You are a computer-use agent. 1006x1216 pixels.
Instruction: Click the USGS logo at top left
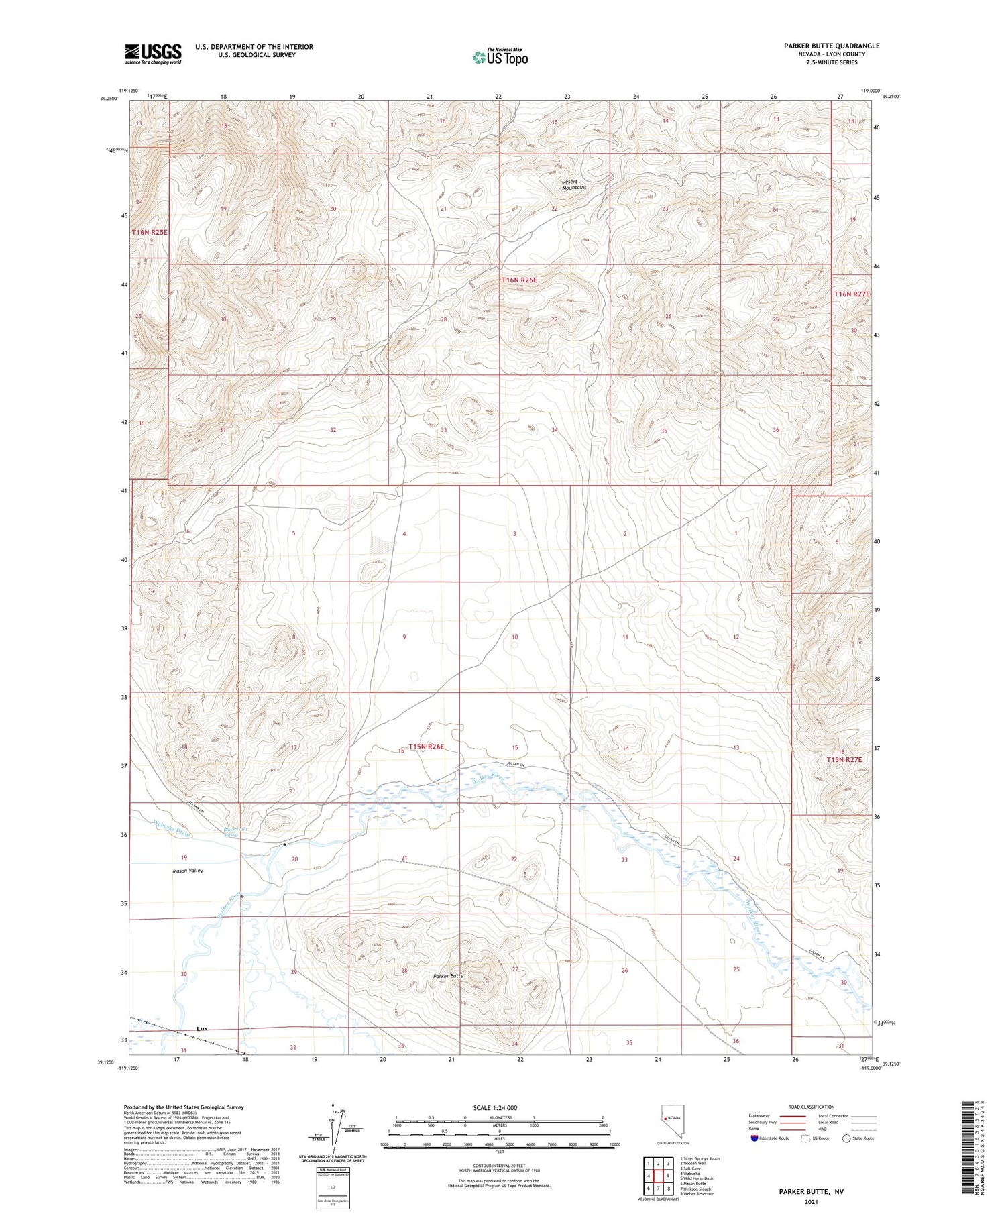pos(153,54)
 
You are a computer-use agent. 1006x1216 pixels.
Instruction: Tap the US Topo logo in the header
pos(500,57)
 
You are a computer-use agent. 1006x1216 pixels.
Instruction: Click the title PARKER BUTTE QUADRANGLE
pos(832,46)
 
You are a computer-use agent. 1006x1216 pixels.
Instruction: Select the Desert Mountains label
pos(574,184)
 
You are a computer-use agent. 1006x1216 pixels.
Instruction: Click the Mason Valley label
pos(187,871)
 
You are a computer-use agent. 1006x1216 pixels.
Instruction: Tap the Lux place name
pos(203,1028)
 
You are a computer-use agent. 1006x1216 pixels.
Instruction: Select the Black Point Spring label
pos(231,832)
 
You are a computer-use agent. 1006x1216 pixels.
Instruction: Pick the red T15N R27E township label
pos(843,759)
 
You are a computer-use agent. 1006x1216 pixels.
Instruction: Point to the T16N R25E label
pos(150,232)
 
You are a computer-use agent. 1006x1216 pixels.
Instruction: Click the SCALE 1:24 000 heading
pos(495,1107)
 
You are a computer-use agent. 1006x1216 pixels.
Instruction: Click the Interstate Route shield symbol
pos(754,1138)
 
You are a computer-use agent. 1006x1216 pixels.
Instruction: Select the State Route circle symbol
pos(847,1138)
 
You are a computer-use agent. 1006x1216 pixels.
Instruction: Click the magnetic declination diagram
pos(335,1130)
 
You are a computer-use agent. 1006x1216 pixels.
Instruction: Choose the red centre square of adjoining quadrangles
pos(659,1175)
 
